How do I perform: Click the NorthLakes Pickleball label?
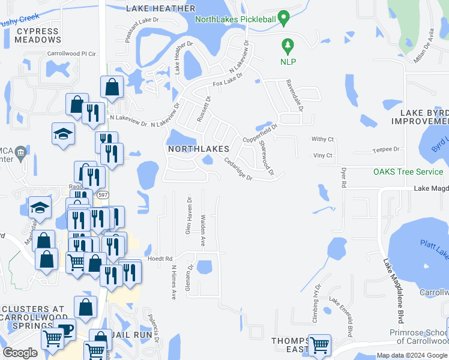click(235, 19)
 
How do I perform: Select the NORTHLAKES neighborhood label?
click(198, 148)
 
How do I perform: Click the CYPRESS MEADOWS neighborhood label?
click(38, 35)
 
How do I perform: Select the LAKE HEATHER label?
click(161, 8)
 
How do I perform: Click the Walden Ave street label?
click(203, 231)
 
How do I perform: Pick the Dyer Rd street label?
click(344, 178)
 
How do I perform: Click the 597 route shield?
click(103, 195)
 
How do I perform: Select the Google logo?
click(20, 352)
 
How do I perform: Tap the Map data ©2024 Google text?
click(411, 355)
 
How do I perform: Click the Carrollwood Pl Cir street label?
click(71, 53)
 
